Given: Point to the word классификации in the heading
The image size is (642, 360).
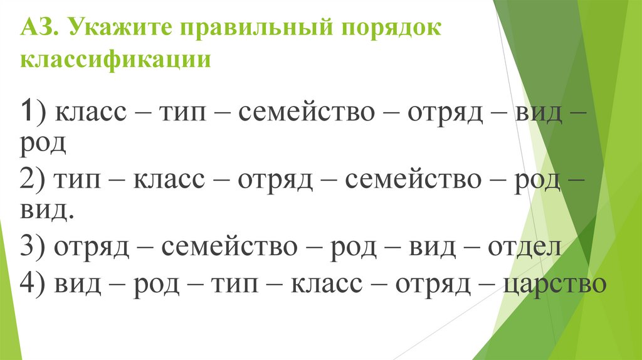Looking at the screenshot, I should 115,61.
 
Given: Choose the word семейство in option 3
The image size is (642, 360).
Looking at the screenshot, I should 229,248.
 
